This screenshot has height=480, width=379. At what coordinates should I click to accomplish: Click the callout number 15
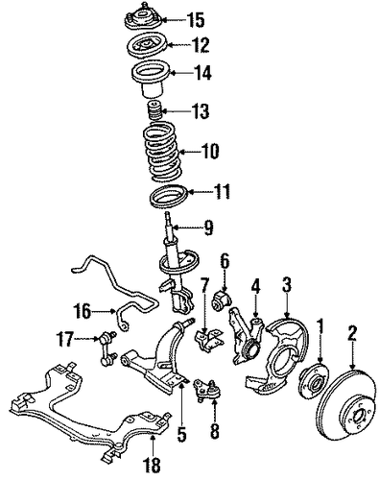(195, 19)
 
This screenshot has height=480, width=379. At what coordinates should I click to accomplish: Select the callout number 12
(201, 45)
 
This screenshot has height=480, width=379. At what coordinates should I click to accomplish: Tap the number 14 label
(202, 73)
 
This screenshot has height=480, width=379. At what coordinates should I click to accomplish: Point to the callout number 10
(209, 151)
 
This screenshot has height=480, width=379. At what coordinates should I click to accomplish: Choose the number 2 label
(352, 333)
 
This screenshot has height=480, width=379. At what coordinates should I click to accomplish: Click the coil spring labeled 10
(163, 151)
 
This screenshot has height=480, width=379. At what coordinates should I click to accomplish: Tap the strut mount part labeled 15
(143, 20)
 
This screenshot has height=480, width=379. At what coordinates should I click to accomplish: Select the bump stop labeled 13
(154, 110)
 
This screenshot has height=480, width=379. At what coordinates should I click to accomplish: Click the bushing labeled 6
(222, 301)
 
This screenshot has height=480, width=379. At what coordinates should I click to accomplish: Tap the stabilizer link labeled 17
(106, 348)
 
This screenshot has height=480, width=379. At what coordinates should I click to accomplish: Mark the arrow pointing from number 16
(104, 310)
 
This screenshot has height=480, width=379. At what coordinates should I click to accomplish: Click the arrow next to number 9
(187, 228)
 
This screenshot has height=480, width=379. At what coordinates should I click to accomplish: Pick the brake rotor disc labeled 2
(347, 406)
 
